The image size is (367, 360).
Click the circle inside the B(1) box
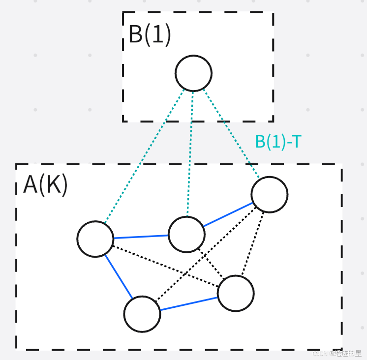pos(193,73)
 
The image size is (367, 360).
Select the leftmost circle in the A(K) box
pos(95,239)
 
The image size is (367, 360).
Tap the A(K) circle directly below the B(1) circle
pos(186,234)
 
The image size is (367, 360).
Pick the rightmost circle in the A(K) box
pos(269,194)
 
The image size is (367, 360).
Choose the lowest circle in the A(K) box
pos(142,314)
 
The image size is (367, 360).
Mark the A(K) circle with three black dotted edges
pos(236,293)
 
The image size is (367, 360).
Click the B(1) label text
pos(150,35)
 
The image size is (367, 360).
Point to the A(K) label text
pos(45,185)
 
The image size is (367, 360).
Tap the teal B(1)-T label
pos(278,142)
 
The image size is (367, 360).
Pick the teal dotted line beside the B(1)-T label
pos(231,134)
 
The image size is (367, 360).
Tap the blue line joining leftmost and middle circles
pos(141,237)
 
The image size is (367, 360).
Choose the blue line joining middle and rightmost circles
pos(228,214)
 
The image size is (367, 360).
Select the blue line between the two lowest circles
pos(189,303)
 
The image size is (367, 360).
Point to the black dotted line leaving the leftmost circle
pos(165,266)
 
